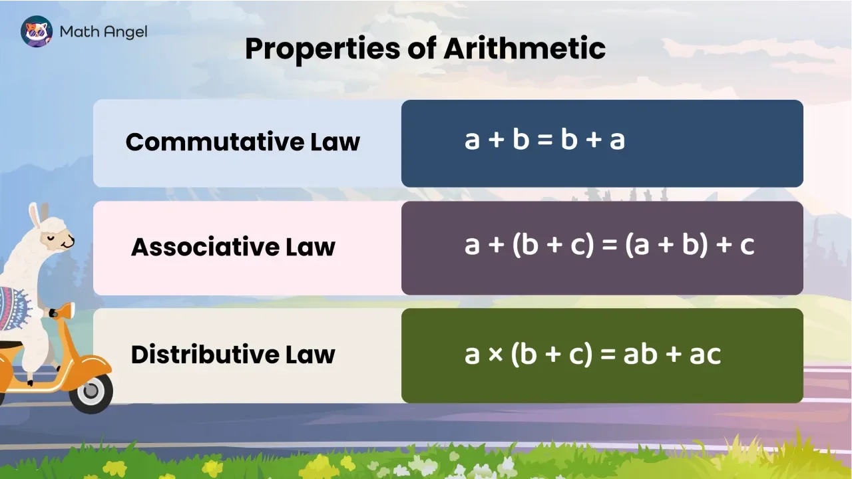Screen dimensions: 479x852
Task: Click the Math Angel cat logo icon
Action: click(37, 31)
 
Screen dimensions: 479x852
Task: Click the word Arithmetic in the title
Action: click(525, 49)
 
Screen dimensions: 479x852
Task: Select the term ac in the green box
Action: click(705, 355)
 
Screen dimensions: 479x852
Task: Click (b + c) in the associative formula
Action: click(552, 246)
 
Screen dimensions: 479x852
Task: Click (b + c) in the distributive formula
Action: click(552, 355)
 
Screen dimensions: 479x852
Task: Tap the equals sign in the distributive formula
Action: click(607, 355)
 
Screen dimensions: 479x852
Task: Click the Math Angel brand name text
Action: click(103, 31)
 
